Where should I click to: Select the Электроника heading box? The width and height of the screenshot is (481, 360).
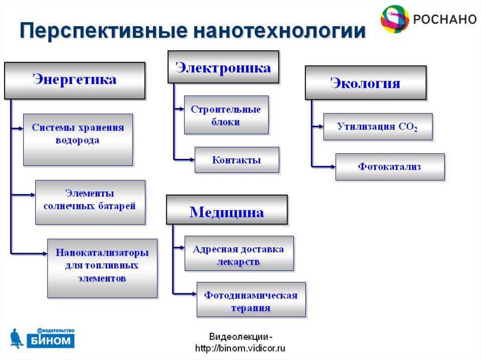(223, 68)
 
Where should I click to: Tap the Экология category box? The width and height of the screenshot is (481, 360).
(365, 83)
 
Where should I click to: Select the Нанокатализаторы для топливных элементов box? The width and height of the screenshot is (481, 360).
(102, 266)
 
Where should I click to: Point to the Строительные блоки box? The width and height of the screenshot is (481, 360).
(226, 115)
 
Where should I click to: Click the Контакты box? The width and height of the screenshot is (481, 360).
(237, 160)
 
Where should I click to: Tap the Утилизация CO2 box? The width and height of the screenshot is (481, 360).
(378, 127)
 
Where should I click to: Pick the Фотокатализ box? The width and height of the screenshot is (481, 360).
(389, 167)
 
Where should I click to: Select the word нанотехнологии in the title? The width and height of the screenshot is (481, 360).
(277, 31)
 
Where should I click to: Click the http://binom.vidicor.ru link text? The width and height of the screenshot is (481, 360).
(240, 348)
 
